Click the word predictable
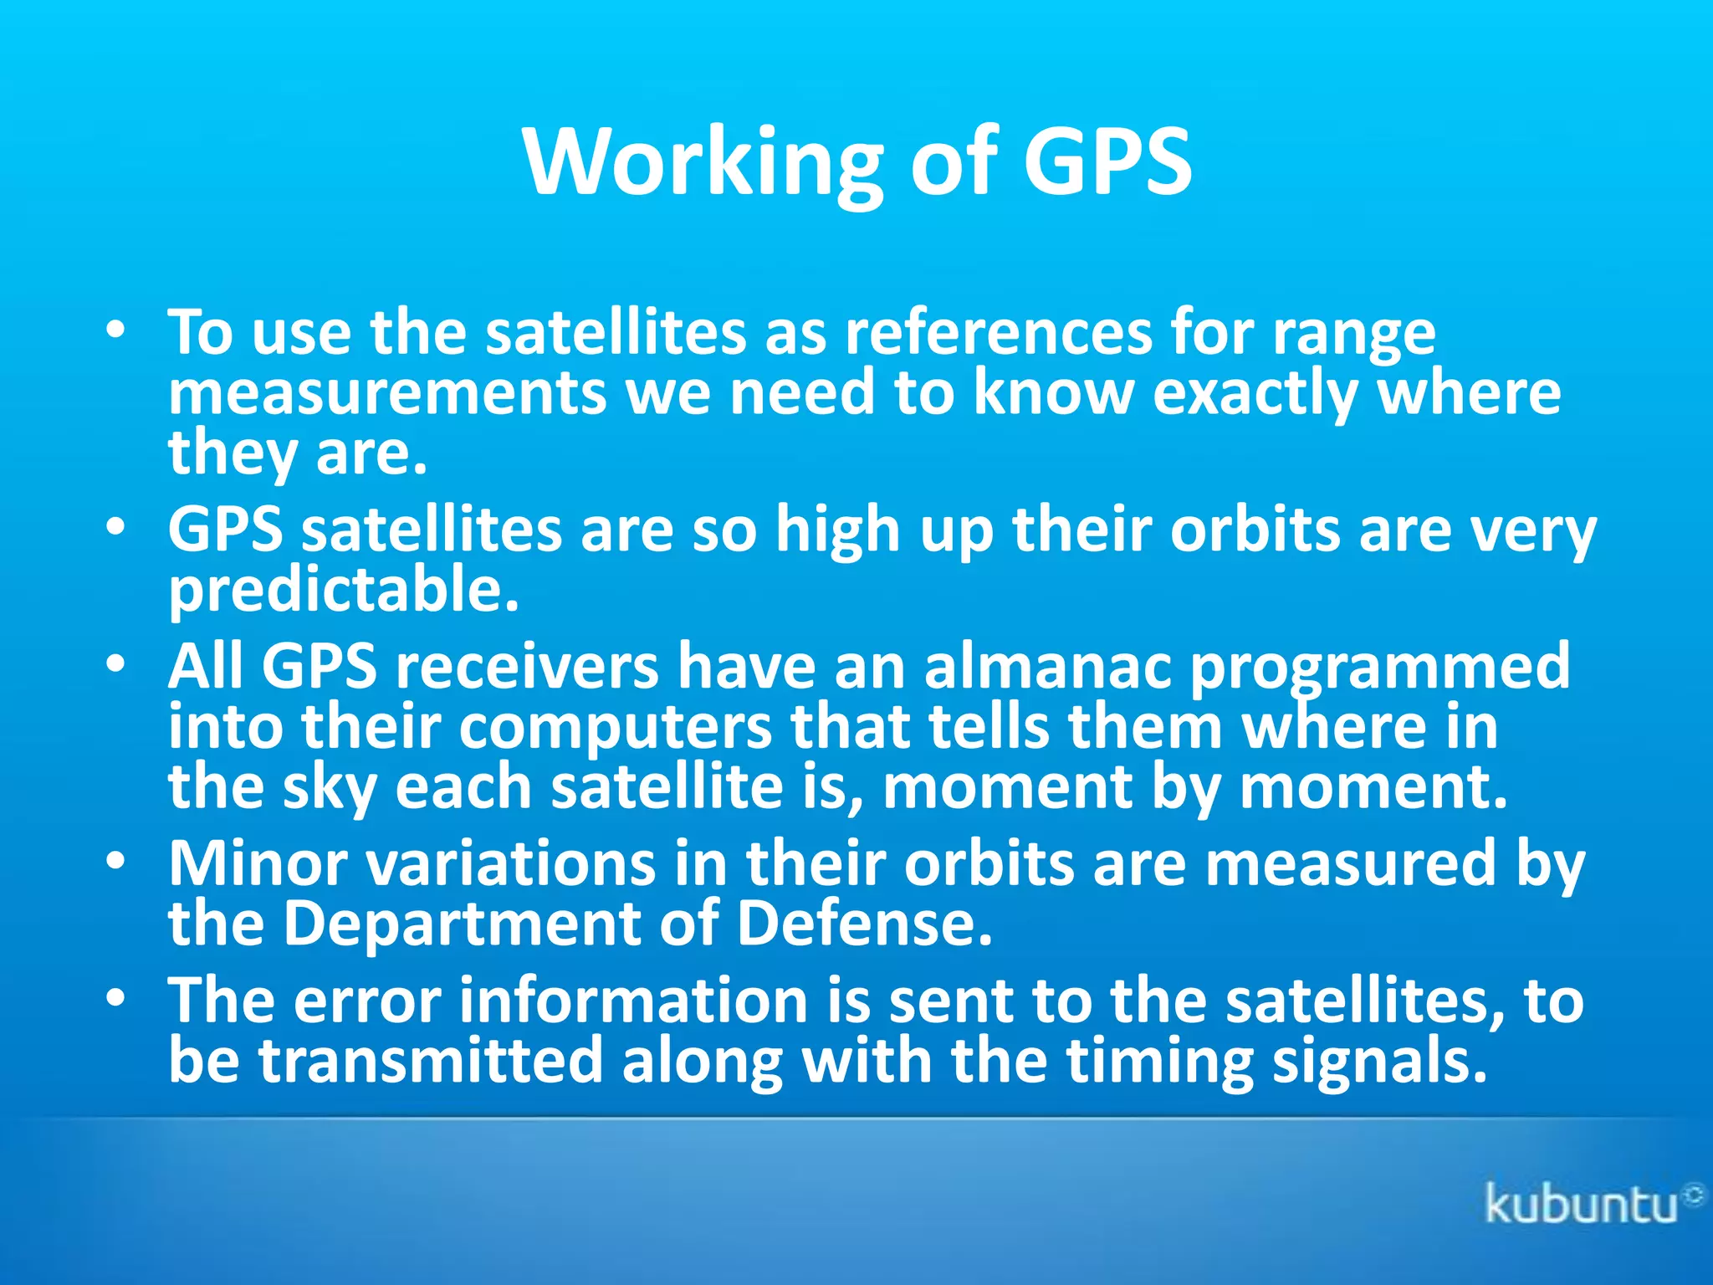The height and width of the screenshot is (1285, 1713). point(343,590)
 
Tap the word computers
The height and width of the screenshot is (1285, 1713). point(615,728)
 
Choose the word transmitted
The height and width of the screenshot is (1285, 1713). point(430,1061)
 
